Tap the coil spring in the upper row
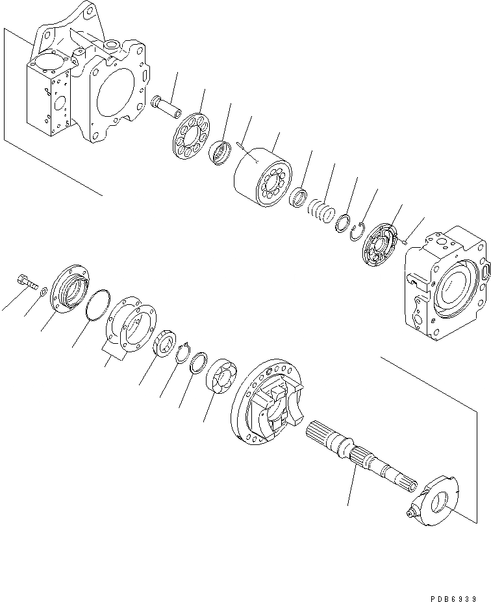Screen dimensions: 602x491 (x=321, y=212)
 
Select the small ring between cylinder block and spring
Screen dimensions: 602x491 (x=299, y=197)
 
